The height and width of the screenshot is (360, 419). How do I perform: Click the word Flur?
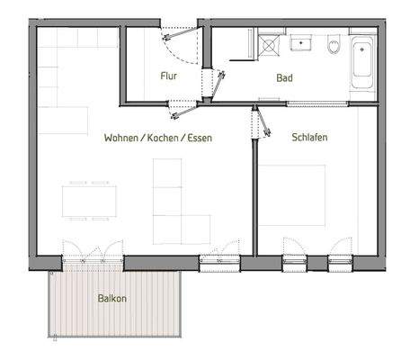click(x=168, y=76)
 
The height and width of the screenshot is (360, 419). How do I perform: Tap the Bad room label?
click(x=285, y=78)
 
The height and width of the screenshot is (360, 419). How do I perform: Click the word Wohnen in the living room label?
click(x=123, y=138)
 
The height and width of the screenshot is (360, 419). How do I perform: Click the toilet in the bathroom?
click(x=334, y=44)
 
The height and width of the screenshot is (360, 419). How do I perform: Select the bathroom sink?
click(x=299, y=42)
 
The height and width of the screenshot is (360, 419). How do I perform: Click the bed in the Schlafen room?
click(x=292, y=193)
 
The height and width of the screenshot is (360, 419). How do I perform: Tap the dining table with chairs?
click(x=88, y=199)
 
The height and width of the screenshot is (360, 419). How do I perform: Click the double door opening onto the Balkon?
click(x=87, y=252)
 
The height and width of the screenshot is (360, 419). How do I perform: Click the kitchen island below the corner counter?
click(x=63, y=120)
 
